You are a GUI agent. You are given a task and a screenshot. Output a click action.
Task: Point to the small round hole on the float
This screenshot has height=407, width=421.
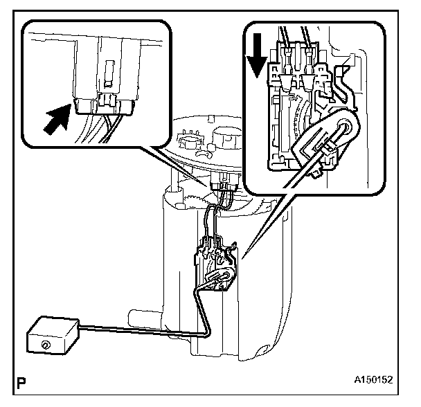[45, 344]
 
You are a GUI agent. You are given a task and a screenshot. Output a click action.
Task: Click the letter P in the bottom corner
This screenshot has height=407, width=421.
[24, 380]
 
